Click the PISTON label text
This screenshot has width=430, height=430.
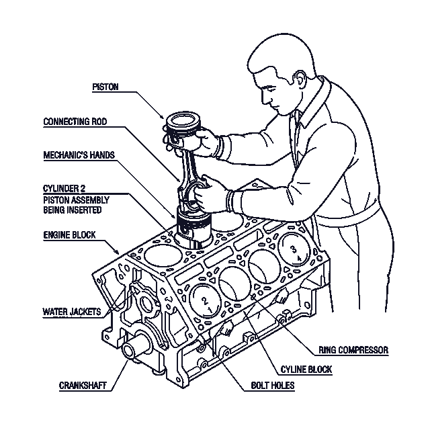pos(105,87)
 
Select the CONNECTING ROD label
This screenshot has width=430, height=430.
pos(75,121)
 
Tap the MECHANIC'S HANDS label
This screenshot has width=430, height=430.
pos(79,155)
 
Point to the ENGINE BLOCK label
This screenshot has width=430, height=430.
pos(69,235)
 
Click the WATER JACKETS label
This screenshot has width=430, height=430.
pos(72,312)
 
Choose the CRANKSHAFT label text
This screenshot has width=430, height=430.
pos(83,385)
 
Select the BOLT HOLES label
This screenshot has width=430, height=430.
pos(273,385)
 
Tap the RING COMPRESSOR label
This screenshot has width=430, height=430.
pos(353,350)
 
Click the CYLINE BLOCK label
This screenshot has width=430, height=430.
pos(306,370)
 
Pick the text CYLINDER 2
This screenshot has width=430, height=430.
pos(64,188)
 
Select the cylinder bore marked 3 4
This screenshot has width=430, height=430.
pos(294,250)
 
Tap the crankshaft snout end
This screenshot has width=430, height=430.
pos(128,351)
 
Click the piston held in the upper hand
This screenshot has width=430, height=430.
pos(183,127)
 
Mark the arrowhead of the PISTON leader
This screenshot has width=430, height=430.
pos(163,117)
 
